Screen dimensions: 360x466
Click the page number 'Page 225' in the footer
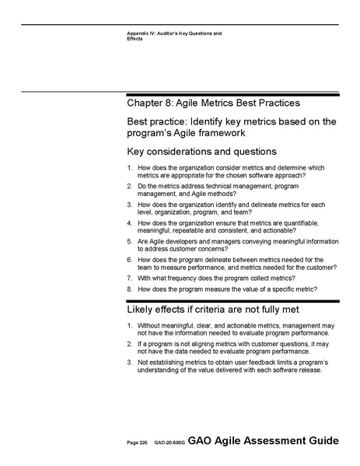pyautogui.click(x=137, y=442)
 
